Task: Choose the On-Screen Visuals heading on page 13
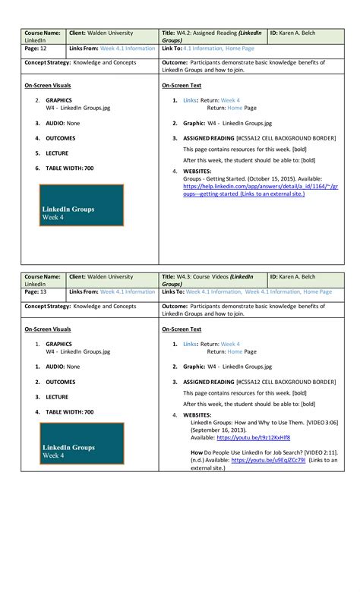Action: [48, 329]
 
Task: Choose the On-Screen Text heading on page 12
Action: [182, 86]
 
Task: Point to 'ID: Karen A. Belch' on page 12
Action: [298, 33]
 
